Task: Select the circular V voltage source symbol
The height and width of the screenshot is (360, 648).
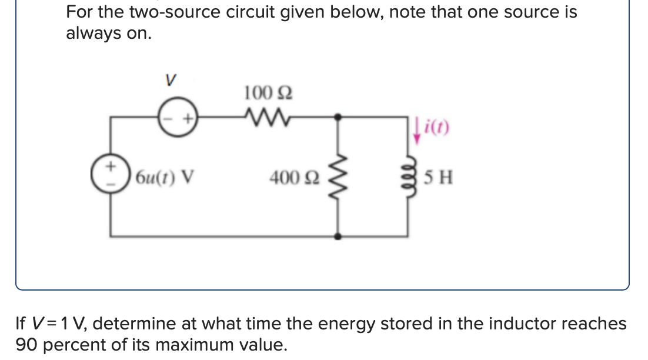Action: (x=178, y=118)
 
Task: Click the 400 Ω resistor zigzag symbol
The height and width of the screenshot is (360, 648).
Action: (x=337, y=176)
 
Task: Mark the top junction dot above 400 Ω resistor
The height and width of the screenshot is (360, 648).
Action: (x=338, y=117)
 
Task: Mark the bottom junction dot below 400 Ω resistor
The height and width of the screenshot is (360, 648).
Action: (x=338, y=236)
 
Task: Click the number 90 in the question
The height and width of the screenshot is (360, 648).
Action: (x=26, y=344)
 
